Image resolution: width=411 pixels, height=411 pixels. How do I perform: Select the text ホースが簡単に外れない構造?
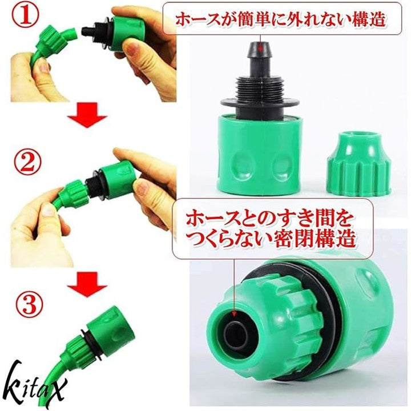[280, 19]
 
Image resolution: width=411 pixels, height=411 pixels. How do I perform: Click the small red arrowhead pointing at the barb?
[260, 48]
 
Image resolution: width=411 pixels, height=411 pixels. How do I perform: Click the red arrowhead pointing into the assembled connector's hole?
[235, 313]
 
